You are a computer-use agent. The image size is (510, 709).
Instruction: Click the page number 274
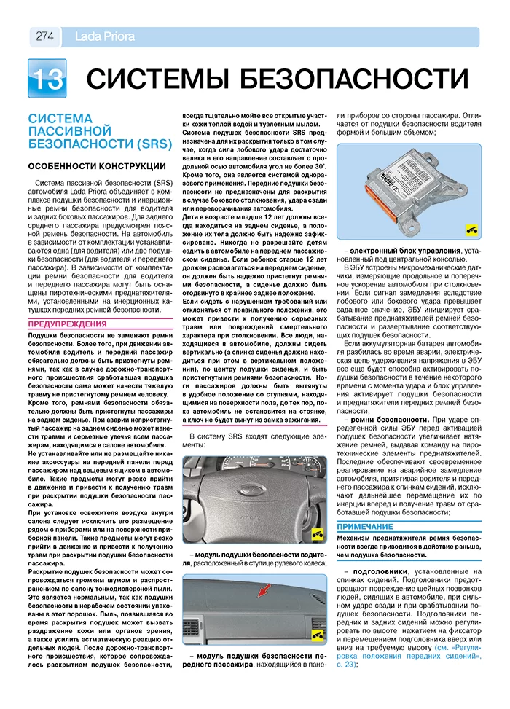point(44,36)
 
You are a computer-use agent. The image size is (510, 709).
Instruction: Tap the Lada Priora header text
point(98,36)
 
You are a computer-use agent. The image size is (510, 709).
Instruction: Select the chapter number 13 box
point(47,78)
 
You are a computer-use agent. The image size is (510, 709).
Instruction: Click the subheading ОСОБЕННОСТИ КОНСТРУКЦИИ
point(97,165)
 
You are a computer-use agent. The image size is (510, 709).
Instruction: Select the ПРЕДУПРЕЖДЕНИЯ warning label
point(67,324)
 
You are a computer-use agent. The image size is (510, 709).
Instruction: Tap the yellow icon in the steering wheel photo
point(318,535)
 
